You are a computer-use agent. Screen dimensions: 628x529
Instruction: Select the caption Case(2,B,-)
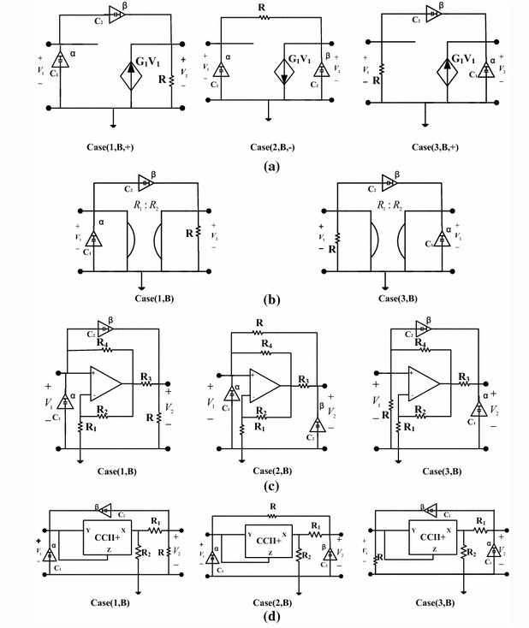pos(268,146)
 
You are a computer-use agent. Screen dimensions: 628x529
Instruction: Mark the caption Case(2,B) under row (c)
pos(272,471)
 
